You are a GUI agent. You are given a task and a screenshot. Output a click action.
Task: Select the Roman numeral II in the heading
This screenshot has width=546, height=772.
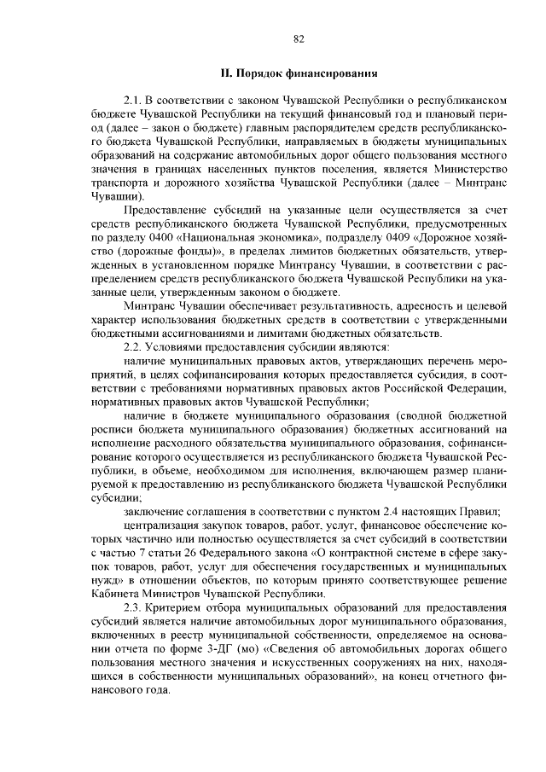click(x=227, y=74)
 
